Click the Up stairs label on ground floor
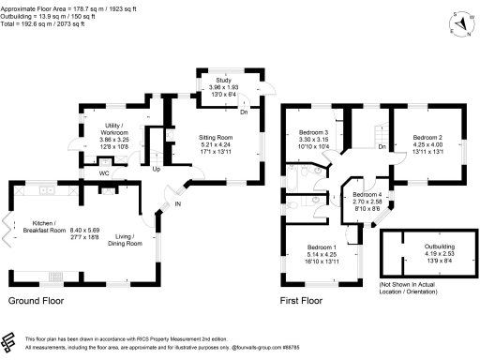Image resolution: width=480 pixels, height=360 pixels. click(x=157, y=170)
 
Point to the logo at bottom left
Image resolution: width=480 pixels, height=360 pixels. click(x=12, y=341)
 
